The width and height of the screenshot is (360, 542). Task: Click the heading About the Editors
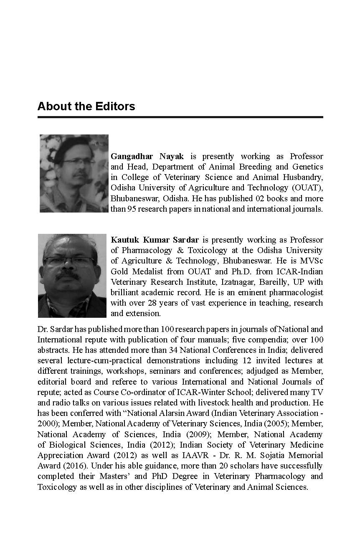click(86, 106)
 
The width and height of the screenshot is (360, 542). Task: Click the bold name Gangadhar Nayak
click(147, 156)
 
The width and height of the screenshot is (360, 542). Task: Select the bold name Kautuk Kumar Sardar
click(154, 240)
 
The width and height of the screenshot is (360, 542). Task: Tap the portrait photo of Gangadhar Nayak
click(74, 173)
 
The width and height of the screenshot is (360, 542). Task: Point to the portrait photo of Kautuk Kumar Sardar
click(72, 276)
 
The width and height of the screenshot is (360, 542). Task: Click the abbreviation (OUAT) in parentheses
click(308, 188)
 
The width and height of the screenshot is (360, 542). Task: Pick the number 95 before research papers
click(128, 209)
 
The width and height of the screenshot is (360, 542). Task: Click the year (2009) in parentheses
click(199, 434)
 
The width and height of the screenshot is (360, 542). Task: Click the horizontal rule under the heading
click(180, 117)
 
